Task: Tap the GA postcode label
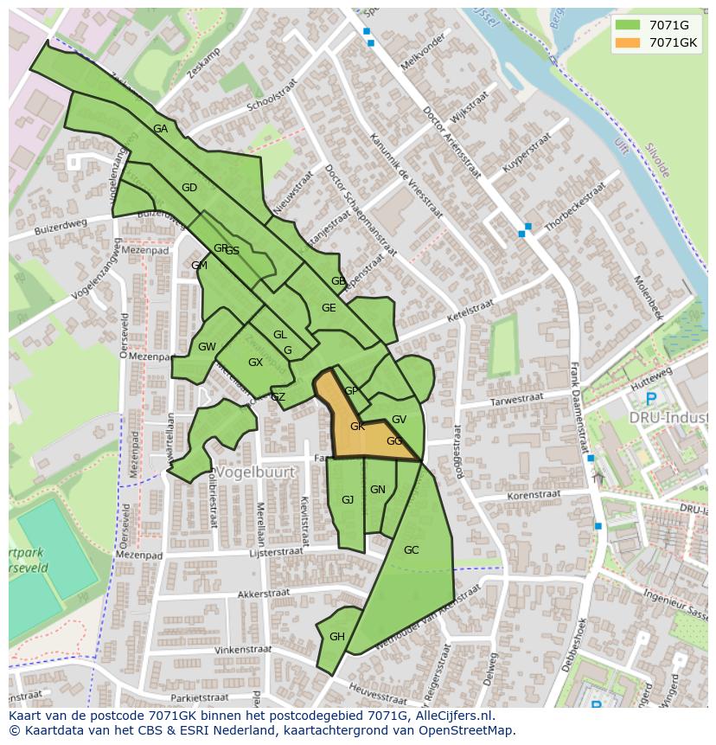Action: point(160,129)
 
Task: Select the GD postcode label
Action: point(189,188)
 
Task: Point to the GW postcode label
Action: point(207,347)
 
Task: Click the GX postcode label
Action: point(255,363)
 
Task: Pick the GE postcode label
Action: point(329,308)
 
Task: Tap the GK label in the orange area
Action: point(357,427)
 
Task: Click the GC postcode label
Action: point(411,550)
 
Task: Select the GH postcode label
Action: point(336,637)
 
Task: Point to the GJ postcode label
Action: point(348,500)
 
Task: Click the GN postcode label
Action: point(378,490)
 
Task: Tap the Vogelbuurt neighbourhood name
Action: point(255,472)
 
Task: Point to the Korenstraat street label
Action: point(534,496)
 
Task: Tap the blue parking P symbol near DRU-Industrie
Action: point(650,399)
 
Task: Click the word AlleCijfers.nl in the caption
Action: point(452,716)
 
